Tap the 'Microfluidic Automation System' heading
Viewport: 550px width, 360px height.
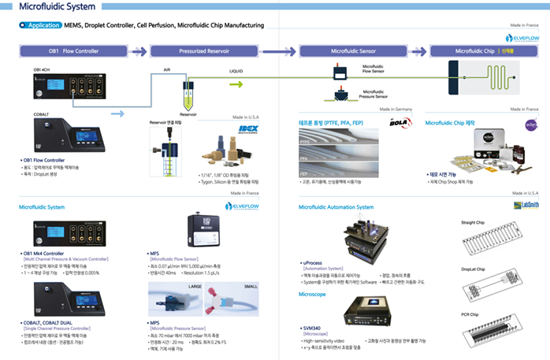coord(336,206)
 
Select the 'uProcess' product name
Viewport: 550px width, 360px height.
coord(313,262)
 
